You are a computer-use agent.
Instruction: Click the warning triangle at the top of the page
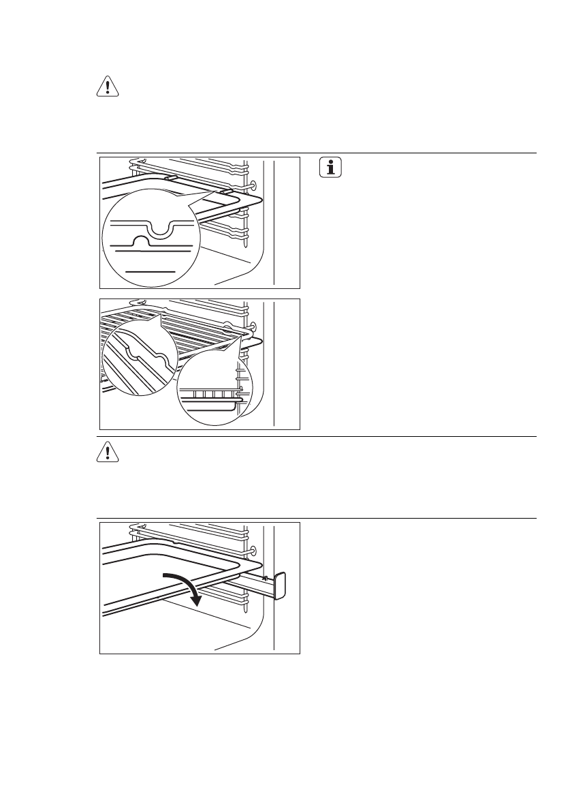pos(106,88)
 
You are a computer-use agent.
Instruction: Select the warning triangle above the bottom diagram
pos(106,453)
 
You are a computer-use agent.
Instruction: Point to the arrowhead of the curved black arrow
pos(197,600)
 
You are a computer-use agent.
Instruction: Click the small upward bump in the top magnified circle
pos(140,241)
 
